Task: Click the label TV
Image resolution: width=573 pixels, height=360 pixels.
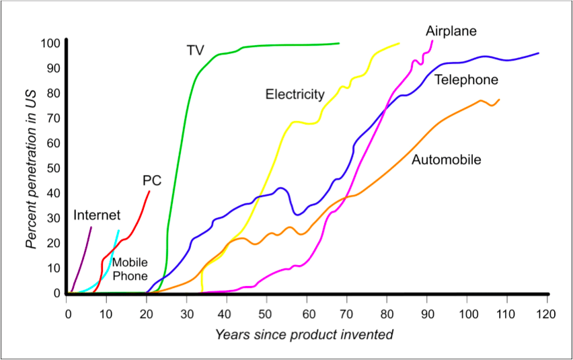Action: click(x=196, y=50)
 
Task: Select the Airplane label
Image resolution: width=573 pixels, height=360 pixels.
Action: click(x=451, y=31)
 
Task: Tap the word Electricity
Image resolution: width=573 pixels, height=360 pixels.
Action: click(x=295, y=94)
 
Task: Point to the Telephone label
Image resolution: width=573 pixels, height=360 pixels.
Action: click(x=466, y=80)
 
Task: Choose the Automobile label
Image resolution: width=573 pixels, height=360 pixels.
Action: click(x=447, y=160)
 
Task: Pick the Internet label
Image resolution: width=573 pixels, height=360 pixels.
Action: click(x=97, y=215)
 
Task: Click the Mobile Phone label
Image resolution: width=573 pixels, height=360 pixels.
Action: click(x=129, y=268)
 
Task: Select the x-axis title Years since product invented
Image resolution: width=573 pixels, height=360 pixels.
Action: click(x=304, y=334)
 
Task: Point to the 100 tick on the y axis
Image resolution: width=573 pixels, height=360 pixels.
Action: click(x=51, y=44)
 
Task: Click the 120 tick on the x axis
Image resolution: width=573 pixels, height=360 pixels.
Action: click(x=546, y=314)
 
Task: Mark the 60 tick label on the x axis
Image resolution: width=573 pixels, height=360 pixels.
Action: click(x=307, y=314)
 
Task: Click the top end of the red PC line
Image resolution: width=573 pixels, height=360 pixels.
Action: click(x=149, y=191)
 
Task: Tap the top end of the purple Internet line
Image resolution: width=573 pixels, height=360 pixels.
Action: click(x=91, y=227)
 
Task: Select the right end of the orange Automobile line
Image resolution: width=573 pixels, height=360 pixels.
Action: click(x=499, y=100)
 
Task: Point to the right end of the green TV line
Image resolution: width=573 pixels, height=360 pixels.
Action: click(x=339, y=43)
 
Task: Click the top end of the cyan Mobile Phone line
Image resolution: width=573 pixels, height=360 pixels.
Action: click(x=119, y=231)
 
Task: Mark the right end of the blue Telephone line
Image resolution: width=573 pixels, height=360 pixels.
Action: click(x=538, y=52)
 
